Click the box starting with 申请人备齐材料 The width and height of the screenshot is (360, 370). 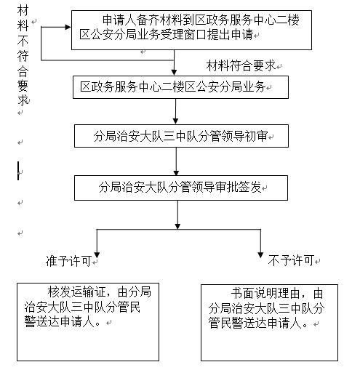pos(191,30)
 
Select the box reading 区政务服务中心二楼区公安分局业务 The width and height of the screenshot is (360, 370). pos(180,87)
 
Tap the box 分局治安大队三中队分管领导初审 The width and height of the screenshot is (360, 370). pos(181,136)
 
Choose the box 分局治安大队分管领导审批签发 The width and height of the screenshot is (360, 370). pos(181,188)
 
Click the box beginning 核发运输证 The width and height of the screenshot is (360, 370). pos(88,322)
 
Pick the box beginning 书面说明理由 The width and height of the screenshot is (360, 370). pos(269,323)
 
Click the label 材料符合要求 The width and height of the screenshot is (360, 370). pos(241,65)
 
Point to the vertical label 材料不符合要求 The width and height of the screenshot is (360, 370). pos(23,56)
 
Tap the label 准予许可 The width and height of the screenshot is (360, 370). pos(68,261)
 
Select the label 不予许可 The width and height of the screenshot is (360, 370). pos(291,261)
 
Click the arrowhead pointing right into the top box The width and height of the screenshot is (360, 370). pos(68,27)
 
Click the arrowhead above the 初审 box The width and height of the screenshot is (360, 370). pos(176,121)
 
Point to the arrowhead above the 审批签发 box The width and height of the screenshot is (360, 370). pos(176,172)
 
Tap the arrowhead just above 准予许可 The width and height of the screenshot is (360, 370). pos(97,255)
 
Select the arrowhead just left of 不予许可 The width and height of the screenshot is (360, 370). pos(260,255)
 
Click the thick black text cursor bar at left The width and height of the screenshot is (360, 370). pos(18,171)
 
